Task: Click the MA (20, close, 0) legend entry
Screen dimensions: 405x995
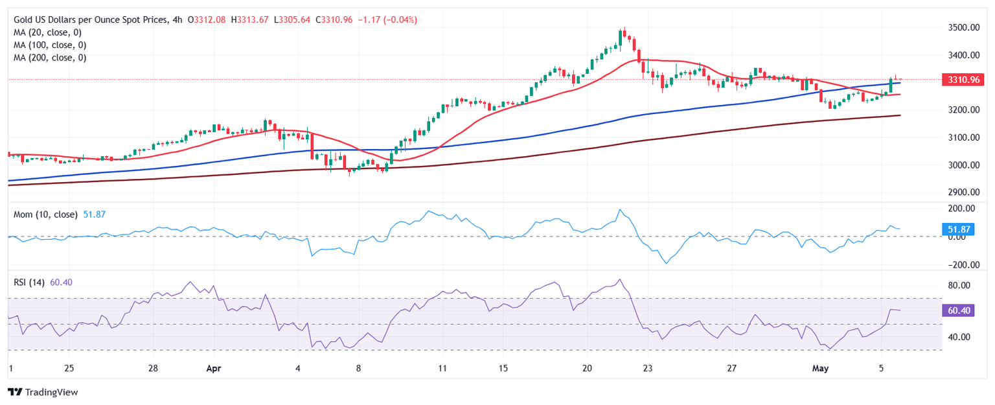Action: click(x=50, y=32)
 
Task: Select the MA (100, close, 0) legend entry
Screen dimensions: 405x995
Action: click(x=52, y=45)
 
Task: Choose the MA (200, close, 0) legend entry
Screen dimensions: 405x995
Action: click(x=52, y=57)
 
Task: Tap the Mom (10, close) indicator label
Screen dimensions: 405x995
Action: click(x=45, y=214)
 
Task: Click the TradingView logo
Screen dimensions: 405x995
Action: click(x=42, y=392)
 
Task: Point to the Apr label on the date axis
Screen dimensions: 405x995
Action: click(x=213, y=368)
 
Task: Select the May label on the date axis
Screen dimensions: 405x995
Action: click(x=820, y=368)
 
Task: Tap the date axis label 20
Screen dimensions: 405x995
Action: click(x=587, y=368)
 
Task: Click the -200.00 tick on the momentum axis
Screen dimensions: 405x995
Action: click(x=961, y=265)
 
